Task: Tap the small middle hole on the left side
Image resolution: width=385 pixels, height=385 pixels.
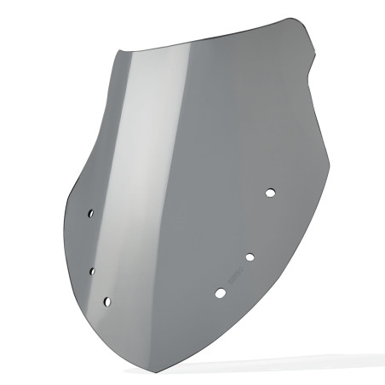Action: pos(92,271)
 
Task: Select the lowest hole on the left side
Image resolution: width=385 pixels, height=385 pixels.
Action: pos(106,301)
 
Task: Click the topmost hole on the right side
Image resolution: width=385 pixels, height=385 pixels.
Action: pos(270,193)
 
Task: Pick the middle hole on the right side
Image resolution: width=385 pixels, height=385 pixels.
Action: pos(250,256)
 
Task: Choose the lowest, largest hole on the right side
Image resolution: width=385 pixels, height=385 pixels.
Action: pos(221,293)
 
